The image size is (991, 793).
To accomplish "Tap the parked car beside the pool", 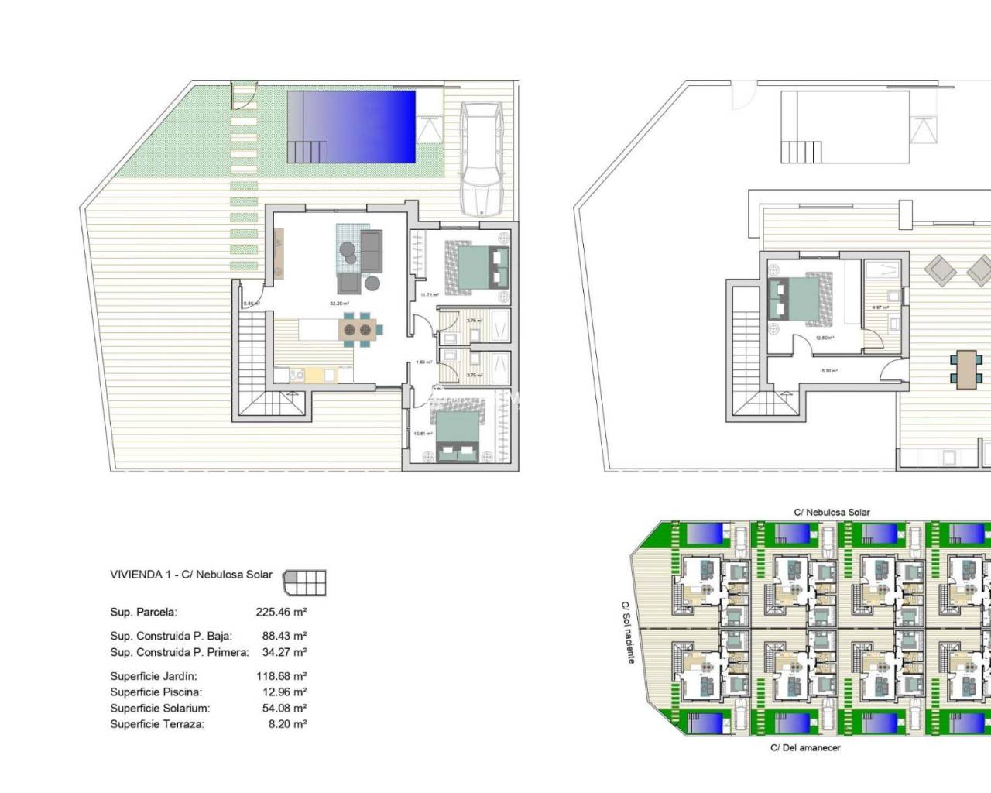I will [482, 159].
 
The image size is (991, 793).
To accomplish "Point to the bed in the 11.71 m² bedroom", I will [477, 266].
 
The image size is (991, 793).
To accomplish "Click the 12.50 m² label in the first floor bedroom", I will [825, 338].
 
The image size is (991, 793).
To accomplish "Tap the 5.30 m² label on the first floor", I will [829, 371].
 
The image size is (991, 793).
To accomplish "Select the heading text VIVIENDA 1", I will [141, 575].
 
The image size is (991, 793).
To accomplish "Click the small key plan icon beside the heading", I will [304, 582].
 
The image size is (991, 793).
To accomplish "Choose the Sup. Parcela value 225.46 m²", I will [281, 612].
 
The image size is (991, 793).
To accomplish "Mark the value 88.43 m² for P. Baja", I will [281, 636].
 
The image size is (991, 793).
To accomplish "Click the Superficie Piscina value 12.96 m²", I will [281, 692].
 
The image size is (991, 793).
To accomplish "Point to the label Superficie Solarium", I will [159, 708].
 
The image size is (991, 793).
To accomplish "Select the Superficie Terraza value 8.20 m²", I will [284, 724].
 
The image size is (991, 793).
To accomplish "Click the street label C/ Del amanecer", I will [805, 748].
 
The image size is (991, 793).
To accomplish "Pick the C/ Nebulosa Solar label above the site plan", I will [832, 512].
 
